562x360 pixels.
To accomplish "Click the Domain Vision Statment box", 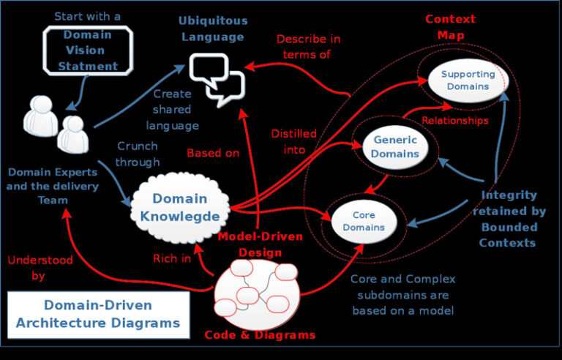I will coord(88,50).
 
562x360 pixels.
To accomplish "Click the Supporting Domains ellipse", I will coord(468,80).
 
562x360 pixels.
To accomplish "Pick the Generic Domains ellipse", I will coord(395,146).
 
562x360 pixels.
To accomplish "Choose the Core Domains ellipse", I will coord(364,221).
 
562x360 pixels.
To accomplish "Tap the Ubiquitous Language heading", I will coord(213,28).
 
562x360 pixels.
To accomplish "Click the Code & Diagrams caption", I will coord(260,335).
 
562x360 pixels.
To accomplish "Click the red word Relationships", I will coord(455,120).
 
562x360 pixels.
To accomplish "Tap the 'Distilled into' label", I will coord(293,141).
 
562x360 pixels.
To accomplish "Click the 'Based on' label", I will coord(213,153).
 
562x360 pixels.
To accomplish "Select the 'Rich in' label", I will coord(172,258).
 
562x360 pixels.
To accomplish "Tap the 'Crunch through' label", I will coord(137,154).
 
